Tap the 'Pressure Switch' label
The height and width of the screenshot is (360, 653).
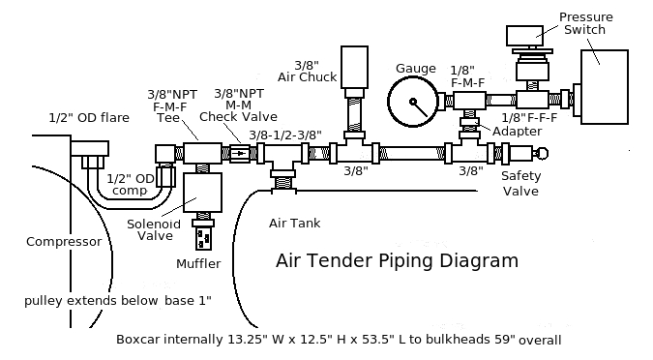point(583,22)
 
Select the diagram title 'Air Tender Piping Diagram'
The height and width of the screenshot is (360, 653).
point(397,260)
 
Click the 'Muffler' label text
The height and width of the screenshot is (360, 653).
point(198,263)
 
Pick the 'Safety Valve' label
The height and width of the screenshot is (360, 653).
point(520,183)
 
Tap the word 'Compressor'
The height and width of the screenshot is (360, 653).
point(64,242)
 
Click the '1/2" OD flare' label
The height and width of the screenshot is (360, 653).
point(89,118)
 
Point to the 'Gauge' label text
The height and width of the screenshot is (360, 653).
point(415,68)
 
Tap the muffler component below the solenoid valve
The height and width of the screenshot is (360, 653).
point(202,235)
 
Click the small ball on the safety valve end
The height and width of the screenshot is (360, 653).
point(542,152)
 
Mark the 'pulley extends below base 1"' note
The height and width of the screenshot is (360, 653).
point(118,301)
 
